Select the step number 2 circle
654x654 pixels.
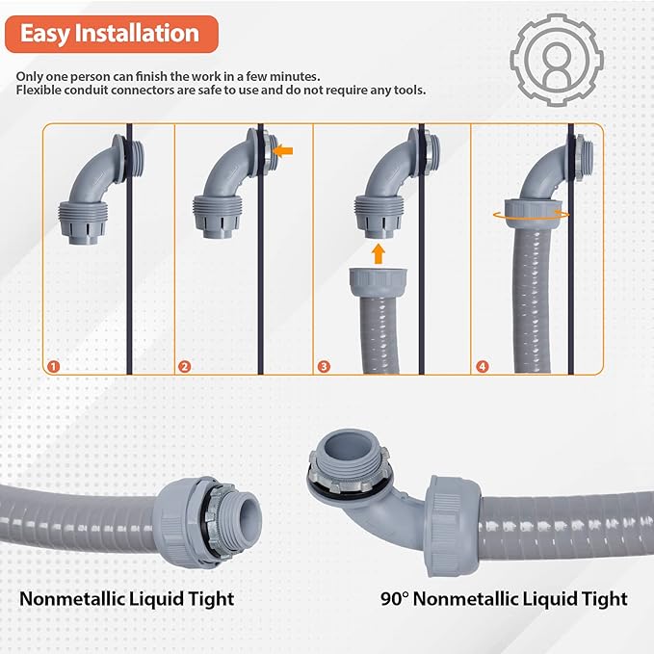click(x=184, y=366)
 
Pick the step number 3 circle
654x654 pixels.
click(x=324, y=366)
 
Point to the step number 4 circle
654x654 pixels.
click(x=482, y=366)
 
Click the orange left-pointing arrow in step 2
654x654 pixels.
click(x=282, y=150)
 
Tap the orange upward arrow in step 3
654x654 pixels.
click(x=379, y=253)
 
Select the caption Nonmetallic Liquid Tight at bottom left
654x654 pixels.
click(x=127, y=598)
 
